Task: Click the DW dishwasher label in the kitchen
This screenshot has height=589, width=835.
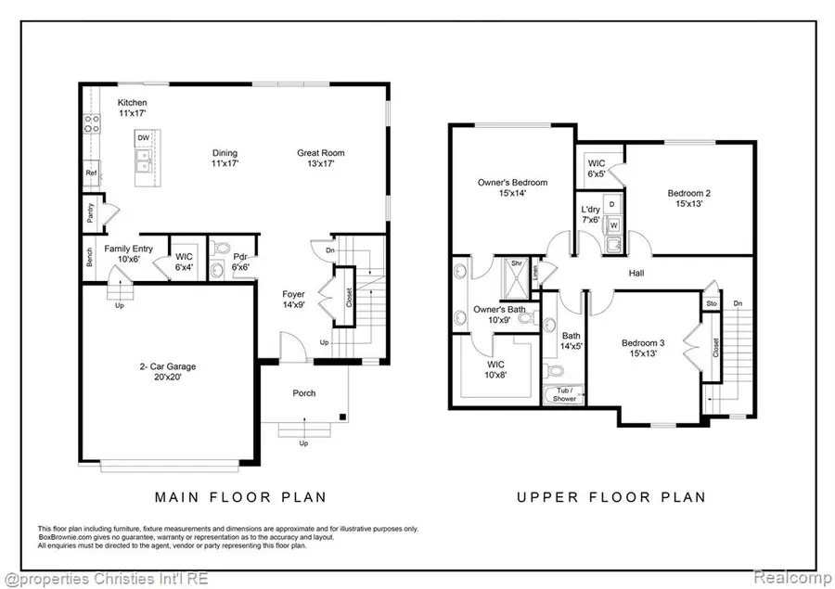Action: click(x=143, y=138)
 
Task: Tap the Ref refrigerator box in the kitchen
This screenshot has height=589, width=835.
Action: click(x=92, y=173)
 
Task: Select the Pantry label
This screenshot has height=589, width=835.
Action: click(x=91, y=212)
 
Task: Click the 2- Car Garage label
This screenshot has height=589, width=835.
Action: click(x=162, y=372)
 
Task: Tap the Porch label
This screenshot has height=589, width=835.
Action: click(x=304, y=393)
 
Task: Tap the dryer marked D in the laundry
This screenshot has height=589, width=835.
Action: click(x=611, y=203)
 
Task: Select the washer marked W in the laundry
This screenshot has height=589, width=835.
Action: click(x=612, y=224)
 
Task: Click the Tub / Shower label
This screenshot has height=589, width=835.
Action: click(x=563, y=393)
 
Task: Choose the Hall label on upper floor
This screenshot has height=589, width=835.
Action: click(x=636, y=274)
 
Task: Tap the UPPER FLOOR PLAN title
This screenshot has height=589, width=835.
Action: click(x=611, y=497)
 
